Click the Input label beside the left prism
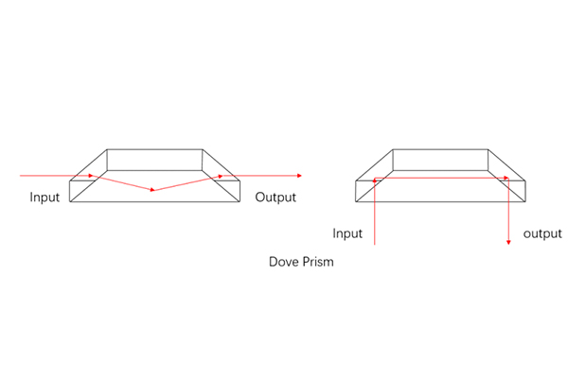pos(44,198)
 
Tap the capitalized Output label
pos(275,198)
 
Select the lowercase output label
pos(542,233)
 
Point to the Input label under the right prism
pos(347,233)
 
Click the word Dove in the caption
pos(284,262)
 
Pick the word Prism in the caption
pos(318,262)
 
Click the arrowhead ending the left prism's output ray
pos(299,176)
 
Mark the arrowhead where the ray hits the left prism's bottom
pos(152,190)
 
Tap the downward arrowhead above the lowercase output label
pos(508,242)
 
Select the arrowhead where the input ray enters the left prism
pos(91,176)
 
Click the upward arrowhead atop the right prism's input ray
pos(375,180)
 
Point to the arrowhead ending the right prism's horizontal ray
pos(506,178)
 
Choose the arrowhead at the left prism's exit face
pos(221,176)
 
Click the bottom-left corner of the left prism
pos(69,201)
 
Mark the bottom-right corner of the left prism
pos(240,201)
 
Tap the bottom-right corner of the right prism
pos(525,201)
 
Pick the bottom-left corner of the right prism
pos(356,201)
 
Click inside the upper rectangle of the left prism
pos(154,160)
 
